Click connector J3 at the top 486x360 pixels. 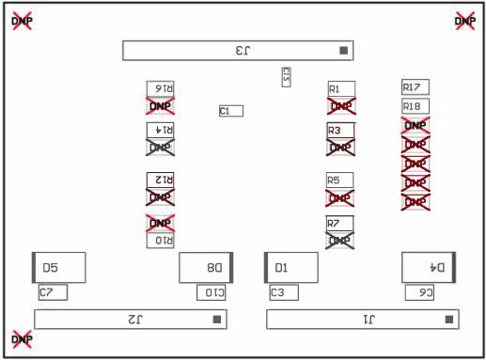tap(240, 51)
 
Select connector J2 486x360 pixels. tap(132, 320)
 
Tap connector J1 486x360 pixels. tap(363, 320)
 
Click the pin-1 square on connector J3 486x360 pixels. tap(344, 51)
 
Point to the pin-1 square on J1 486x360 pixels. tap(448, 320)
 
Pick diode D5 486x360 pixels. tap(59, 268)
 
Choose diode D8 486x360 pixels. tap(206, 268)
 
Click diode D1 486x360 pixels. tap(290, 268)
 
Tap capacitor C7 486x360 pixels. tap(53, 292)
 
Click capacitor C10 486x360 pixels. tap(211, 292)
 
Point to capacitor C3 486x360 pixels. tap(284, 292)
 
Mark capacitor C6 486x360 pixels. tap(419, 292)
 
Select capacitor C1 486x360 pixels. tap(231, 111)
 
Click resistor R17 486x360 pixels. tap(415, 86)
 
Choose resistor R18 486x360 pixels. tap(415, 106)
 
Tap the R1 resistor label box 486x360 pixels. tap(340, 88)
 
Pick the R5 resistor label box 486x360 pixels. tap(340, 180)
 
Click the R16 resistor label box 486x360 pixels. tap(161, 88)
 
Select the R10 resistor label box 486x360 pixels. tap(161, 240)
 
